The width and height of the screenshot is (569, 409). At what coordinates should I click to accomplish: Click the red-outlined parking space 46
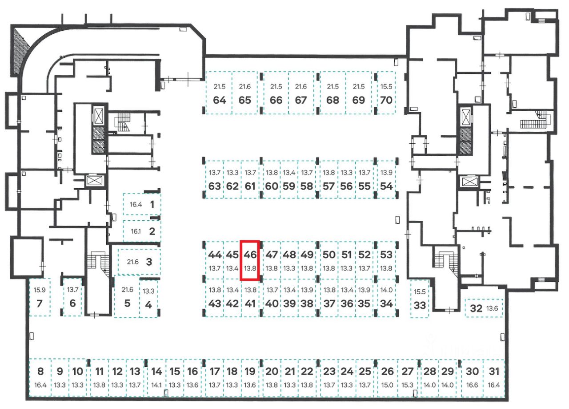coord(250,260)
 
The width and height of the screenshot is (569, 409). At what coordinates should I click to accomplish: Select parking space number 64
coord(219,100)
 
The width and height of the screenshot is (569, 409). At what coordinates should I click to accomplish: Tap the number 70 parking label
coord(386,100)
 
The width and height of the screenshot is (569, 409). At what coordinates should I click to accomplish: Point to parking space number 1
coord(152,205)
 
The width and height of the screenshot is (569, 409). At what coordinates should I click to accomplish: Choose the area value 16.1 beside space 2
coord(135,231)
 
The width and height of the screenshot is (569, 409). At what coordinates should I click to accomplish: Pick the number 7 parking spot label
coord(40,304)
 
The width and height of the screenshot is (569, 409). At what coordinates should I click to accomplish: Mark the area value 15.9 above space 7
coord(40,290)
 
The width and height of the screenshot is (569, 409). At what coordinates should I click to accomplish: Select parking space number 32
coord(476,308)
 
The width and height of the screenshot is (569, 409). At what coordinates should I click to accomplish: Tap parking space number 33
coord(420,306)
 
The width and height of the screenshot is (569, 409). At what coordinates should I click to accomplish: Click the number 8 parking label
coord(40,371)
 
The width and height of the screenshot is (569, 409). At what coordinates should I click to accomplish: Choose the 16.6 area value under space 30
coord(473,385)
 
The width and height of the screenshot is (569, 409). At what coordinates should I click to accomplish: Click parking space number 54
coord(386,186)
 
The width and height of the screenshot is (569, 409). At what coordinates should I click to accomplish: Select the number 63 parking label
coord(215,186)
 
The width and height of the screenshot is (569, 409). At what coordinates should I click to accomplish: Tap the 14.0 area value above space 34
coord(386,290)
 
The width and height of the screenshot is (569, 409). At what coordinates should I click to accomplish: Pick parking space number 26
coord(388,371)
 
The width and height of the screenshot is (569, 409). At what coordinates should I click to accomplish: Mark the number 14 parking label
coord(156,371)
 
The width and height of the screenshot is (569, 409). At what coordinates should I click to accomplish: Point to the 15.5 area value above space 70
coord(386,86)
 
